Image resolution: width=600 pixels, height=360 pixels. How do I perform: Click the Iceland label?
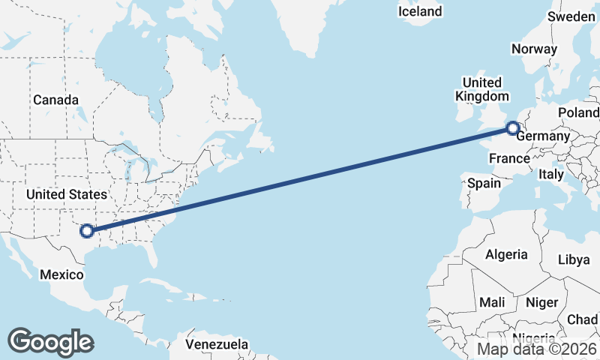coord(420,11)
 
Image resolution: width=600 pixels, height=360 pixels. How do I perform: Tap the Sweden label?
coord(572,16)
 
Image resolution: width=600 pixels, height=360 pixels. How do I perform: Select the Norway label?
coord(534,49)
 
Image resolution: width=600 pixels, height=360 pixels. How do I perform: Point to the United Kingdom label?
coord(481,89)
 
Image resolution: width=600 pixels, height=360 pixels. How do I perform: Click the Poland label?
coord(578,112)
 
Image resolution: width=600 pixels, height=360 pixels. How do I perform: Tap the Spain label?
coord(484,183)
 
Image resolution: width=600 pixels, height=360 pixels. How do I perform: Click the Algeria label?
coord(506,255)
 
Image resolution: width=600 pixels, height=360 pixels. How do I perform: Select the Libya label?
coord(574,259)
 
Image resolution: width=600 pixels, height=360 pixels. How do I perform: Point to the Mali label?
coord(492,302)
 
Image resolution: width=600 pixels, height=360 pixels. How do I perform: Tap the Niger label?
coord(542,302)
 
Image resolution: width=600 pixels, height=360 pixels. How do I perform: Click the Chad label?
coord(583,319)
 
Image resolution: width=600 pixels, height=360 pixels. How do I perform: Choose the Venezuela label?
coord(217,344)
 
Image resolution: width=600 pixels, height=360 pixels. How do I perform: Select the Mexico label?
coord(61,274)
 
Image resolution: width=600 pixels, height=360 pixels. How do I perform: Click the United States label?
coord(66,194)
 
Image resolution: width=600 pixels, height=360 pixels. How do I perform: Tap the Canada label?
coord(55,100)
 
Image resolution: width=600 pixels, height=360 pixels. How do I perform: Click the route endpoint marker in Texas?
coord(87,231)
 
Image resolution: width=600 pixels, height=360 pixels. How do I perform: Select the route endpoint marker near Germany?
coord(512,128)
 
